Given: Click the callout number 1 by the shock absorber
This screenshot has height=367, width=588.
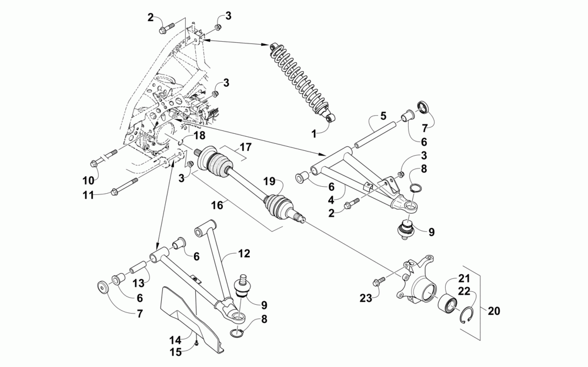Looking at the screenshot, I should (x=314, y=134).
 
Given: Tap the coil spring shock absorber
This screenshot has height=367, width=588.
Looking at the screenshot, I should (x=300, y=79).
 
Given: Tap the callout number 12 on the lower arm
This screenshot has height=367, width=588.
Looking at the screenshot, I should (x=244, y=254).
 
